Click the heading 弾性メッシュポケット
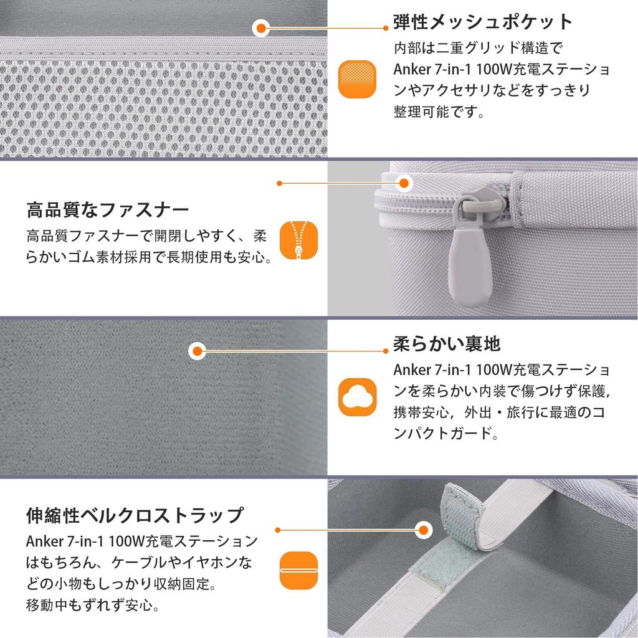(483, 22)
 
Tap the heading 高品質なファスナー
(108, 211)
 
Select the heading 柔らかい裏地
(446, 344)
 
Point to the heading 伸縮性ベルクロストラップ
(135, 515)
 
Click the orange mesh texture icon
(357, 79)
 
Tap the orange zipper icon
(298, 240)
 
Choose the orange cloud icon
(357, 397)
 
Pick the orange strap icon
(298, 571)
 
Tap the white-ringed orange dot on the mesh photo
(261, 28)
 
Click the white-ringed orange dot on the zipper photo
(404, 183)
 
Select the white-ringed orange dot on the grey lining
(198, 351)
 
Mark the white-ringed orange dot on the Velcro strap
(424, 530)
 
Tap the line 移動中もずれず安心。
(92, 605)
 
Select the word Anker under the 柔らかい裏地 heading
(412, 370)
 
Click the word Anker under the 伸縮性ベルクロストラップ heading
(45, 541)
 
